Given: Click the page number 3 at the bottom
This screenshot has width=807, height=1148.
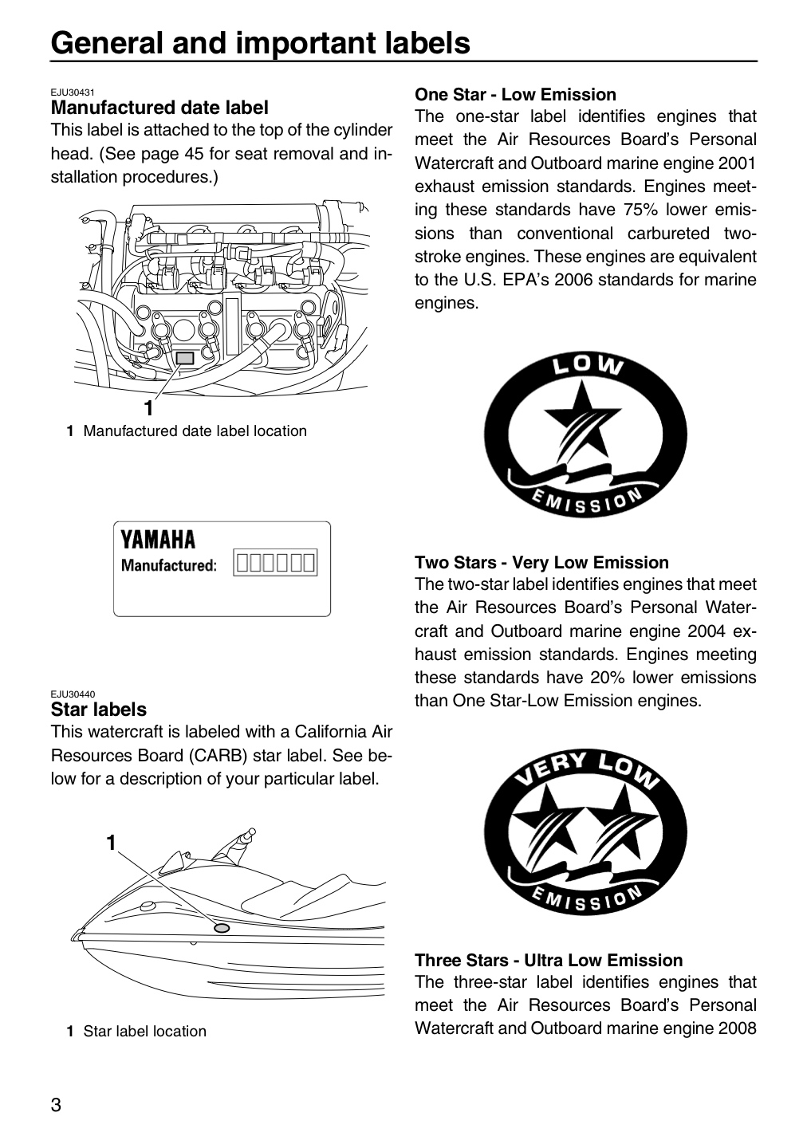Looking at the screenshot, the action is point(56,1103).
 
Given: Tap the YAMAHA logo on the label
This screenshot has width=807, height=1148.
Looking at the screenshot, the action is point(158,540).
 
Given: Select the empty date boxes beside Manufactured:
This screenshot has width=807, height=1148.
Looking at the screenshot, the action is point(275,562).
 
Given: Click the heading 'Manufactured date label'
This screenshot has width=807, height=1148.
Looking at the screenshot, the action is point(159,108).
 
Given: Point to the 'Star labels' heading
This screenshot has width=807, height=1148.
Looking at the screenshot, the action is point(98,710).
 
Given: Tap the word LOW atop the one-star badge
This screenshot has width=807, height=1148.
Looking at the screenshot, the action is point(588,365).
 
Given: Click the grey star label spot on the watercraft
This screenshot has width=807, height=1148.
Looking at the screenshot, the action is point(222,928).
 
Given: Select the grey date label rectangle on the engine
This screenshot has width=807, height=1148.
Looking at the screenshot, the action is point(184,358).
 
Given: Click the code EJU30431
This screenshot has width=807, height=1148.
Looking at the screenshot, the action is point(73,92).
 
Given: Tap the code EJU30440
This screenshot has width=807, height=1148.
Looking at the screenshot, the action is point(73,694).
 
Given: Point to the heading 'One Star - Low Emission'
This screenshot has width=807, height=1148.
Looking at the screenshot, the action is point(515,94).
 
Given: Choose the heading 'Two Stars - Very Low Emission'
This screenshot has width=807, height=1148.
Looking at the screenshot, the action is point(541,562).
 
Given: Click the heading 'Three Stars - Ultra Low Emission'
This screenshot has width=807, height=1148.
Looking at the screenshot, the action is point(549,960).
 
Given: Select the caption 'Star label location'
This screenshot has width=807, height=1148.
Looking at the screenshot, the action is point(144,1031).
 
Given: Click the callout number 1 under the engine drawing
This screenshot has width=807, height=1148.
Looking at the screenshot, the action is point(148,408).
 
